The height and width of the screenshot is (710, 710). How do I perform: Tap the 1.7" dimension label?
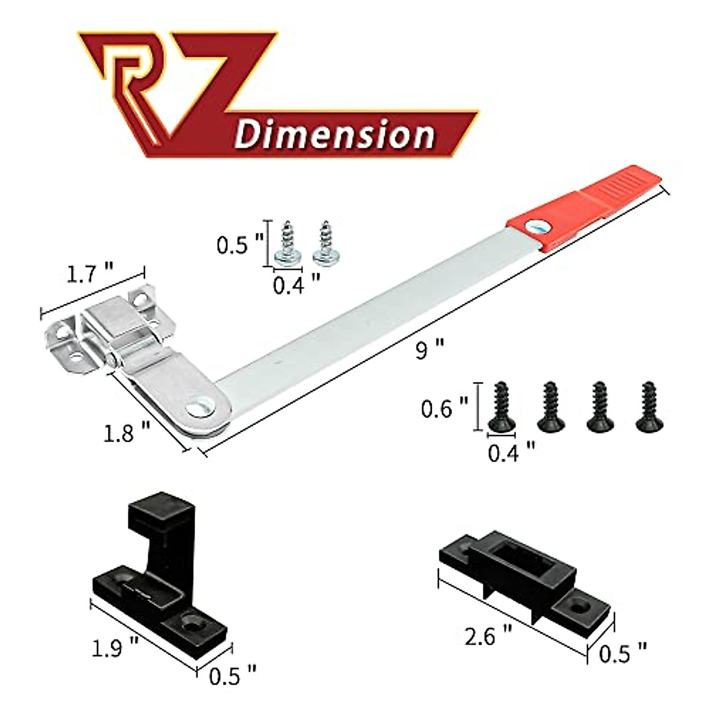coord(89,276)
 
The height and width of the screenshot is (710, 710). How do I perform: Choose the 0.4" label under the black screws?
coord(511,453)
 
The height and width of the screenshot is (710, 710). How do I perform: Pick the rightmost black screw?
coord(649,406)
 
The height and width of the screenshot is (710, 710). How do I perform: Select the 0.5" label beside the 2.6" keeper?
coord(622,654)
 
